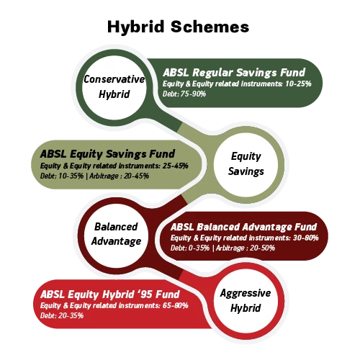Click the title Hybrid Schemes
click(x=178, y=27)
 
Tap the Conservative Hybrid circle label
click(x=114, y=86)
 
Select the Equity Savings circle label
click(x=246, y=164)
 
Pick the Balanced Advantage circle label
click(x=116, y=234)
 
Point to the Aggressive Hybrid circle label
click(x=246, y=301)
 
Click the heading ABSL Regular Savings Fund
click(x=234, y=73)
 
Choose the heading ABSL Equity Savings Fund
click(x=107, y=154)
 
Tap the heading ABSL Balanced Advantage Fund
click(x=243, y=227)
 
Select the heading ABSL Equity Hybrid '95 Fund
click(x=110, y=294)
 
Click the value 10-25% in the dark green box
click(x=298, y=84)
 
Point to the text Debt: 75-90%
click(x=184, y=94)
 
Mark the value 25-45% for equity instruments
click(x=176, y=166)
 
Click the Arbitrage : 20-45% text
click(x=120, y=176)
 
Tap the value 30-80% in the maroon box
click(x=306, y=238)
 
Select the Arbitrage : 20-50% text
click(x=246, y=248)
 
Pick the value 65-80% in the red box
click(x=176, y=305)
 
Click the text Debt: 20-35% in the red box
click(x=62, y=315)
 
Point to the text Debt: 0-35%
click(x=190, y=248)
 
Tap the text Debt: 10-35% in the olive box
click(x=62, y=176)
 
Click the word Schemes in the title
click(x=210, y=27)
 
